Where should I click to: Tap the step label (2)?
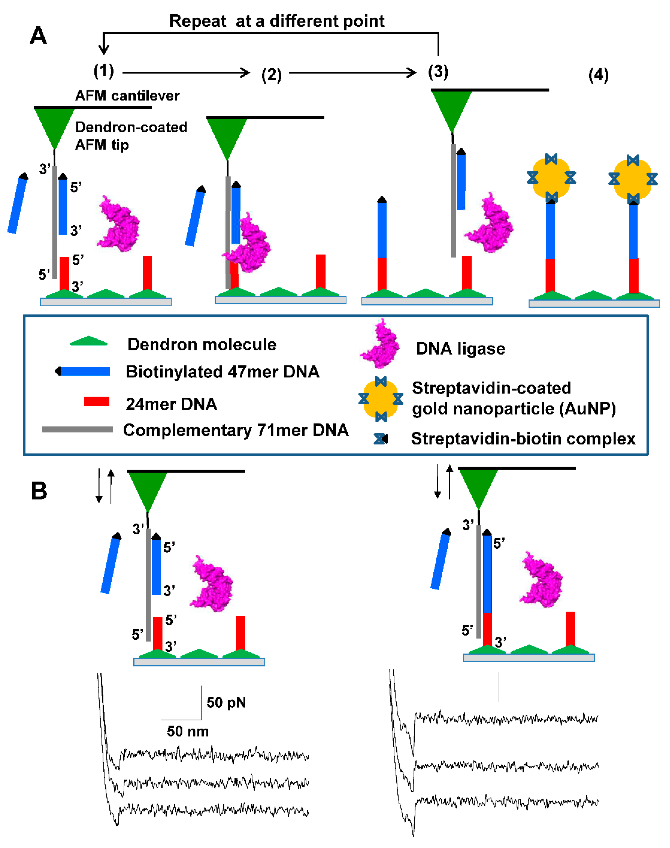(x=272, y=74)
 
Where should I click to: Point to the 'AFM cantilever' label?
(x=127, y=96)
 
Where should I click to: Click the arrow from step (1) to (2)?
(x=186, y=73)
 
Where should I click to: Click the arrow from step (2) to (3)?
(x=352, y=73)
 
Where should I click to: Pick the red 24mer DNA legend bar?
(x=97, y=402)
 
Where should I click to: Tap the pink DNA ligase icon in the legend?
(x=380, y=344)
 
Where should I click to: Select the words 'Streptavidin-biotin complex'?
(x=523, y=439)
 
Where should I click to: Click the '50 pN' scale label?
(x=226, y=703)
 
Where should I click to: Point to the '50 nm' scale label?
(x=188, y=731)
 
